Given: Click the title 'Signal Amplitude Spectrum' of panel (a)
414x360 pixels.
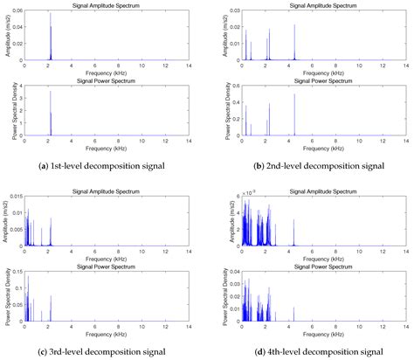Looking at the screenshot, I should coord(107,6).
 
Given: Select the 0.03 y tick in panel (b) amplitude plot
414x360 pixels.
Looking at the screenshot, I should coord(228,12).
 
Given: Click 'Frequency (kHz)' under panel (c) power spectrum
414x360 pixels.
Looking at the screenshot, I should coord(107,335).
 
